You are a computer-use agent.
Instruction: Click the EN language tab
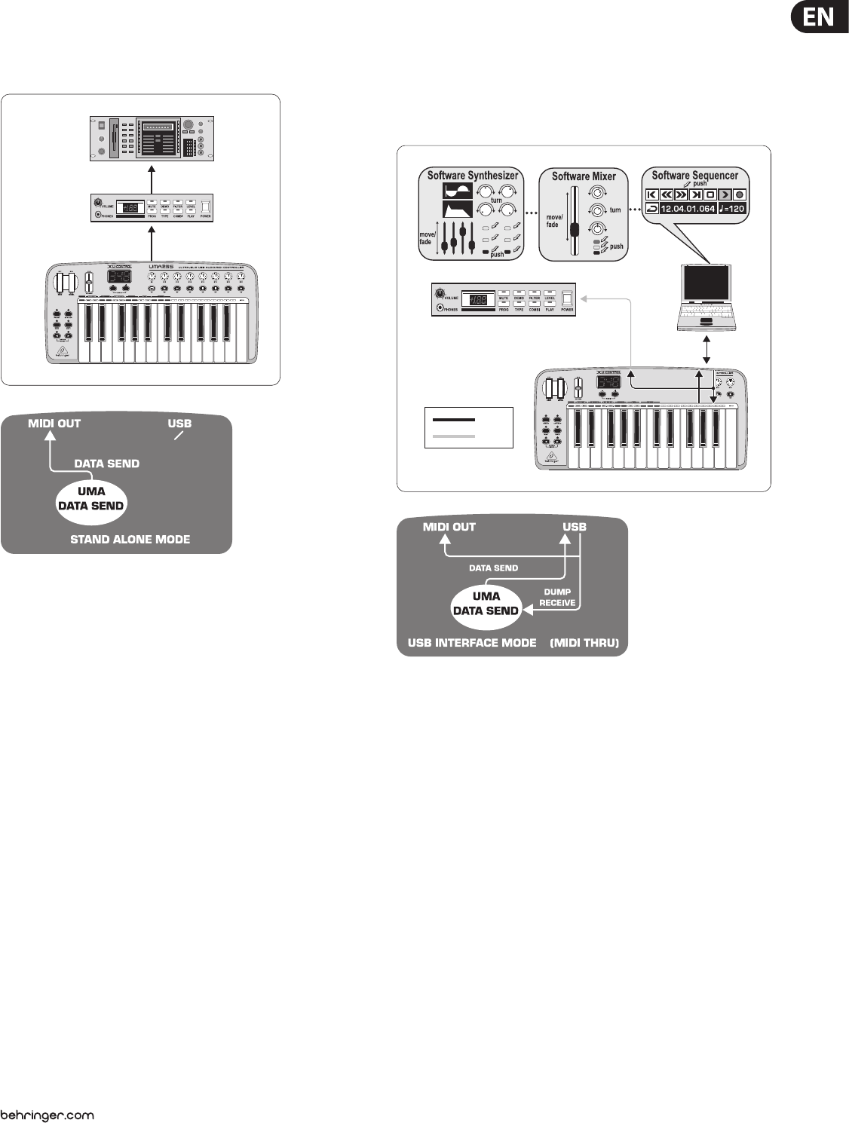tap(819, 17)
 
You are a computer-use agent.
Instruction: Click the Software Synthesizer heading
tap(473, 176)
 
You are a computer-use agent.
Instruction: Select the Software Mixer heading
tap(584, 176)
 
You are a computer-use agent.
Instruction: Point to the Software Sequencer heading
tap(694, 175)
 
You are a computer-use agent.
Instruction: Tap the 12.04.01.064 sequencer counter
tap(687, 209)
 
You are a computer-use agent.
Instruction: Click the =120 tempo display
tap(732, 209)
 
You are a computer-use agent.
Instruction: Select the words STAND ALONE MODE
tap(130, 540)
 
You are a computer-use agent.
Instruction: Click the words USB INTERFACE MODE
tap(472, 643)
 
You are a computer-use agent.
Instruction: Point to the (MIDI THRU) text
tap(584, 643)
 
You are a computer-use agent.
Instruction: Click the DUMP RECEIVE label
tap(557, 597)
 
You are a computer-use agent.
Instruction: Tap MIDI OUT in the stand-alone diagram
tap(54, 424)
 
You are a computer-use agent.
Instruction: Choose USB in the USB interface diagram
tap(575, 527)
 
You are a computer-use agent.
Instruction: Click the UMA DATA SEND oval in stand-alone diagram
tap(91, 499)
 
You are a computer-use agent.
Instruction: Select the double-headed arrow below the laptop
tap(706, 349)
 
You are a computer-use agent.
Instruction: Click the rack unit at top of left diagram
tap(152, 139)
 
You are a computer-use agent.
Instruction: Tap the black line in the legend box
tap(453, 419)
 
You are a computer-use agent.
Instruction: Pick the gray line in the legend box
tap(453, 436)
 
